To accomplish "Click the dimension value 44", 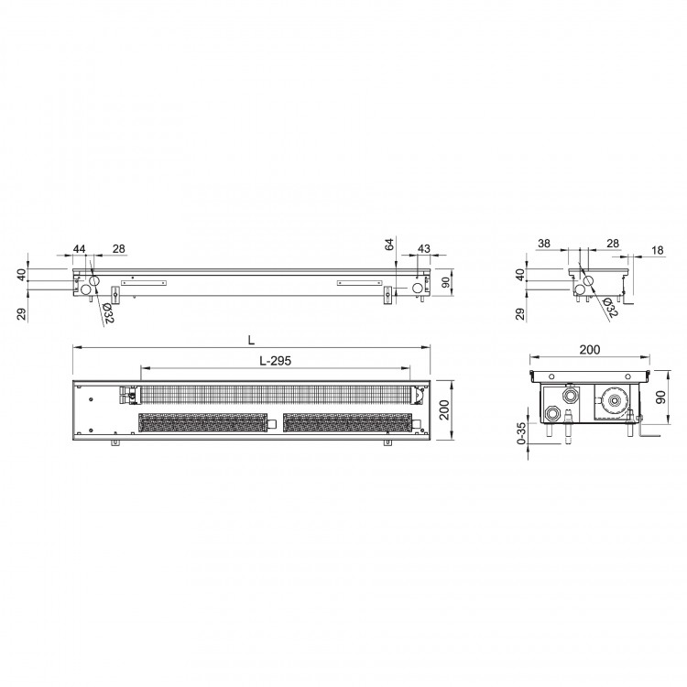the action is point(79,249).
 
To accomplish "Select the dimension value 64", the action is point(389,244).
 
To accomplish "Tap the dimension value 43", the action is point(424,249).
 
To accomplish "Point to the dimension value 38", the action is point(544,243).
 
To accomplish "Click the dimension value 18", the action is point(658,250).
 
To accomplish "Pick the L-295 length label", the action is point(275,361).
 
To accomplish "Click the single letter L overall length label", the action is point(251,341).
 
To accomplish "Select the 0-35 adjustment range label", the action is point(521,433).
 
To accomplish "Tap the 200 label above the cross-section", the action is point(590,350).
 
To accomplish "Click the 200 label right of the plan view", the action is point(444,409).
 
